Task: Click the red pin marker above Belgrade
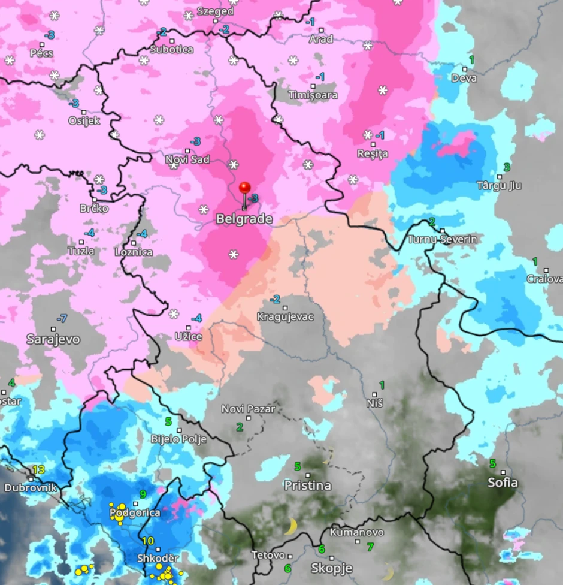pyautogui.click(x=244, y=188)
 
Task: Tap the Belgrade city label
pyautogui.click(x=244, y=219)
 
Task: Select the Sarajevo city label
pyautogui.click(x=53, y=339)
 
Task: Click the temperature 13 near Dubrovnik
pyautogui.click(x=39, y=469)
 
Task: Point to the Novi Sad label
pyautogui.click(x=187, y=159)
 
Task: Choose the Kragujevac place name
pyautogui.click(x=285, y=316)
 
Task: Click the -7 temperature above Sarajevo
pyautogui.click(x=61, y=318)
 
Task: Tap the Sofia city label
pyautogui.click(x=503, y=483)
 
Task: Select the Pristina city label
pyautogui.click(x=307, y=486)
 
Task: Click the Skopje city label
pyautogui.click(x=332, y=568)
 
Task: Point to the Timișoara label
pyautogui.click(x=313, y=95)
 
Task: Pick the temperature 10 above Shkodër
pyautogui.click(x=148, y=541)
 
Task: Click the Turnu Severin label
pyautogui.click(x=442, y=239)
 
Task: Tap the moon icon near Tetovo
pyautogui.click(x=291, y=527)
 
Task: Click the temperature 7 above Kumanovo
pyautogui.click(x=370, y=547)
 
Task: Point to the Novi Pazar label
pyautogui.click(x=248, y=409)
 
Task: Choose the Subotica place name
pyautogui.click(x=172, y=49)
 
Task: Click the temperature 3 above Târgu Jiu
pyautogui.click(x=507, y=167)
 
